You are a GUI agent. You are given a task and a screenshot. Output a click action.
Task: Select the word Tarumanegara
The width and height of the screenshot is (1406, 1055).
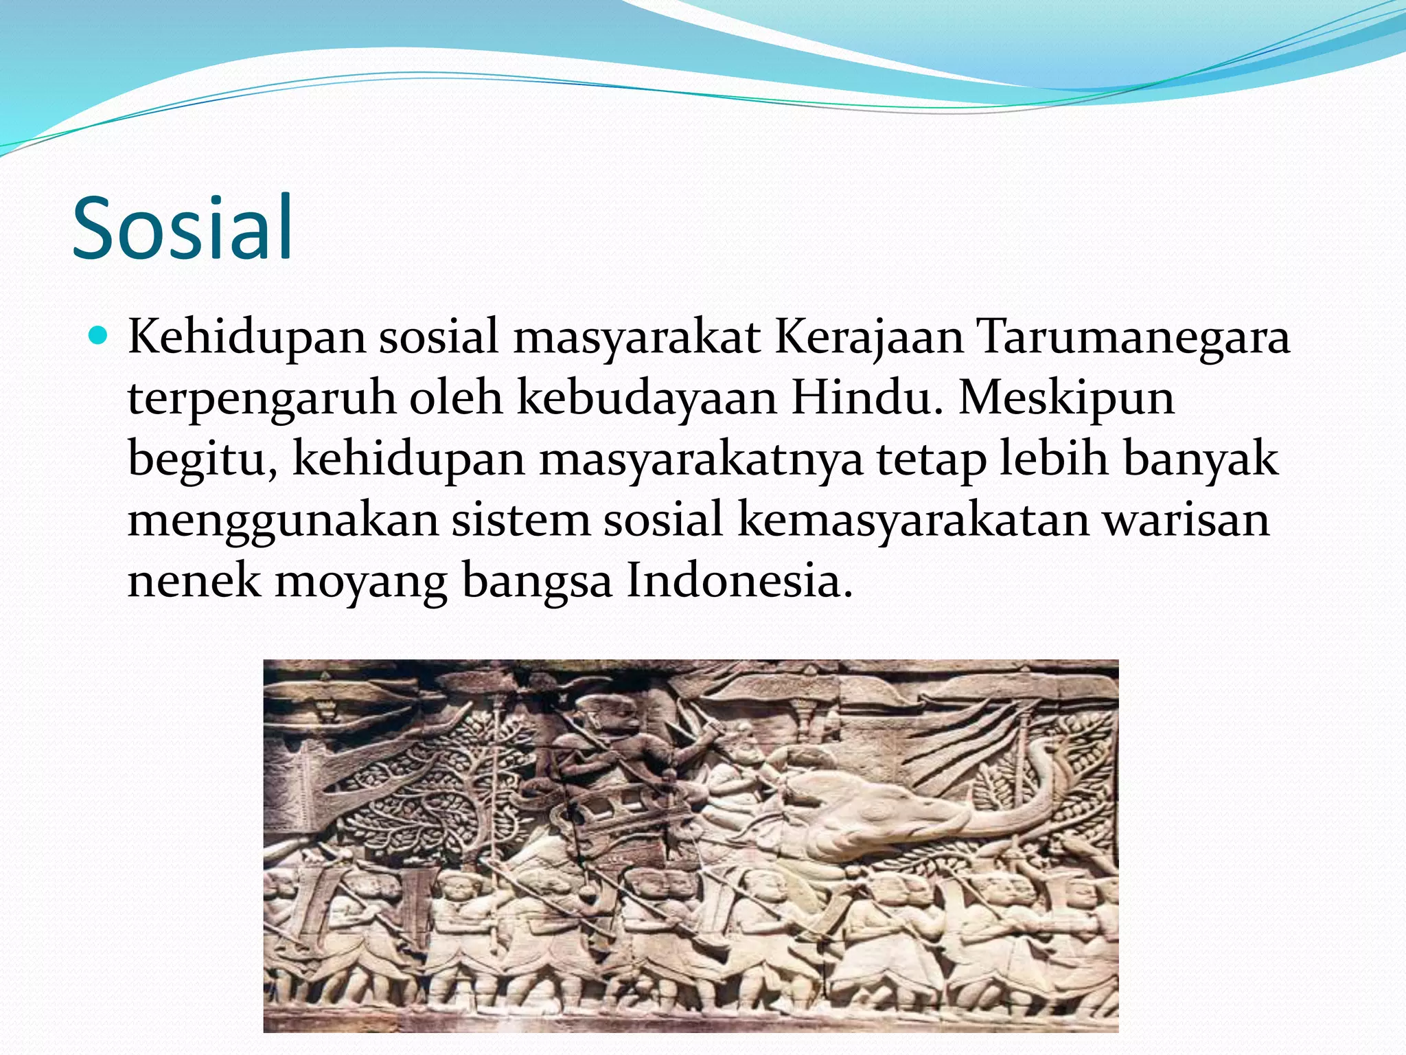point(1133,338)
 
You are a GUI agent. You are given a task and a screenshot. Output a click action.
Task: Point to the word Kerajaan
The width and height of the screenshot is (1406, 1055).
point(869,338)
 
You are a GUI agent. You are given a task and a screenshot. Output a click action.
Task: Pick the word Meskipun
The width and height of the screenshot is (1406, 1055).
point(1066,398)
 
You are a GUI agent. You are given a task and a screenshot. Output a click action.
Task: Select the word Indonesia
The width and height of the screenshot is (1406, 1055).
point(738,580)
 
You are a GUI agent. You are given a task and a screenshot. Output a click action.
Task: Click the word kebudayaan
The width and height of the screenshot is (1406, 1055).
point(647,398)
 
